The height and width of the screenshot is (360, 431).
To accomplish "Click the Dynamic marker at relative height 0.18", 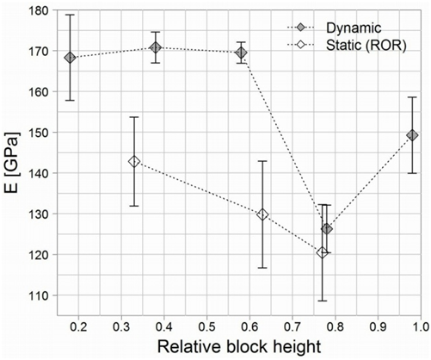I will [70, 58].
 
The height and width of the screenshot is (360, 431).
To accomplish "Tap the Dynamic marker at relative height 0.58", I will [241, 53].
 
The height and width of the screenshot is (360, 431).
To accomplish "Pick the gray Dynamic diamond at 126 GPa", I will [326, 229].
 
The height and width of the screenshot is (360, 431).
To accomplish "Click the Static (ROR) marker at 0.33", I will [133, 161].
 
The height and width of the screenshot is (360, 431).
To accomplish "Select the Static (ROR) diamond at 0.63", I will [262, 214].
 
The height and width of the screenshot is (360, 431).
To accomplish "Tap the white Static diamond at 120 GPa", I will [322, 252].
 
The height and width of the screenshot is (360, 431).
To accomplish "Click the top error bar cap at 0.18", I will [70, 15].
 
